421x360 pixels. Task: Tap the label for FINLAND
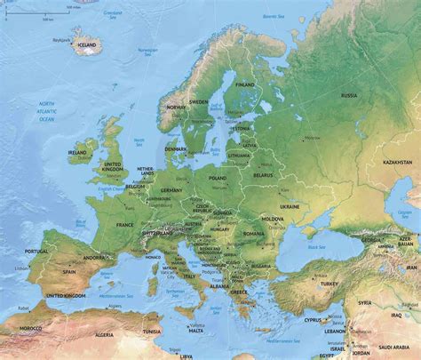point(245,85)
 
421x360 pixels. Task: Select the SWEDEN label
point(200,102)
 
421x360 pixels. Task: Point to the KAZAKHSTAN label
point(397,163)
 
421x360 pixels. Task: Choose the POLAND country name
point(218,178)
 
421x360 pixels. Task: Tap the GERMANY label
point(171,191)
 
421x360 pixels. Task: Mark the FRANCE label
point(124,226)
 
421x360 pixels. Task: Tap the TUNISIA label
point(152,332)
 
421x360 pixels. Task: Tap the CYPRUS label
point(312,319)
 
